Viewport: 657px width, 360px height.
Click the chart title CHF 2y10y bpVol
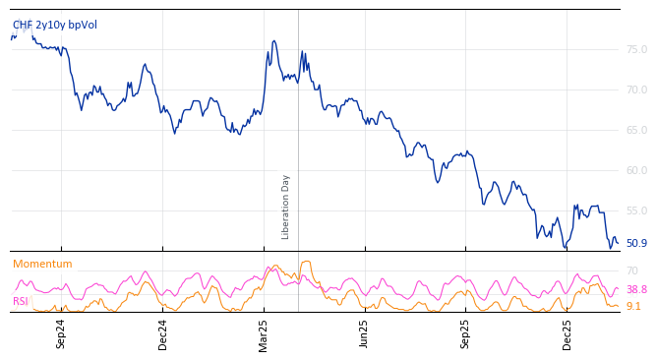(x=55, y=26)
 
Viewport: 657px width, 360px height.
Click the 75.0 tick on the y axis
(x=636, y=49)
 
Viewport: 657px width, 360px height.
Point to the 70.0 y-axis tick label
(x=636, y=90)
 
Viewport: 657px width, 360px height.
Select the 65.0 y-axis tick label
(x=636, y=130)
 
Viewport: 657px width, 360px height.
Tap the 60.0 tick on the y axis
(x=636, y=170)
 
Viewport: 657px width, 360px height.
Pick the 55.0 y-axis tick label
(x=636, y=210)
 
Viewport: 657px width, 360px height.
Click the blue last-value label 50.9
(x=636, y=243)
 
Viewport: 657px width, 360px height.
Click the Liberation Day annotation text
(x=286, y=207)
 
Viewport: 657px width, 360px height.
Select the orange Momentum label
(x=42, y=265)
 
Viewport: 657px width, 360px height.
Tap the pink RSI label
(x=21, y=302)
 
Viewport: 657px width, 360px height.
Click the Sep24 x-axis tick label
(x=61, y=333)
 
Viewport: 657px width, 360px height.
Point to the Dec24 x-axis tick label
(x=163, y=333)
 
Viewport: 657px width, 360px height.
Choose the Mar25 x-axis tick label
(x=264, y=333)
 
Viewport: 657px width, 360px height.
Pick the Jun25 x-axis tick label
(x=365, y=333)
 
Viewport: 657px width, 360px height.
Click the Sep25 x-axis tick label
(x=466, y=333)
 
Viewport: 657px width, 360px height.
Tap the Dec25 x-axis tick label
(x=567, y=333)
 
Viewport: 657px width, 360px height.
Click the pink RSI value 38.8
(x=636, y=290)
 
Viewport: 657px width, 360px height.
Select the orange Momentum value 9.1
(x=633, y=307)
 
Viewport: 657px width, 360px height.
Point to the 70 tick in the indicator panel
(x=632, y=270)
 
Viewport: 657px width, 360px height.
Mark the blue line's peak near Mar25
(x=274, y=41)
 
